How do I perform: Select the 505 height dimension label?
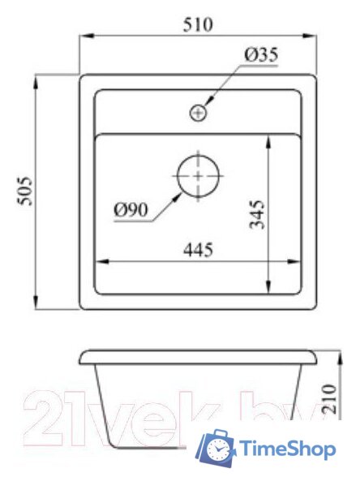click(x=24, y=191)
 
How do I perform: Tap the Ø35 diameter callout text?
click(x=260, y=55)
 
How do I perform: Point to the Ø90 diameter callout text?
click(x=130, y=210)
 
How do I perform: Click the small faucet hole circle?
click(x=198, y=113)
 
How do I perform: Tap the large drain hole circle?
click(x=198, y=175)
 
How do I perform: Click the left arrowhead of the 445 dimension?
click(x=101, y=261)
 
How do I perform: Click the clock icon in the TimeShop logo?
click(x=218, y=448)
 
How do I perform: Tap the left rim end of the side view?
click(x=83, y=358)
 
